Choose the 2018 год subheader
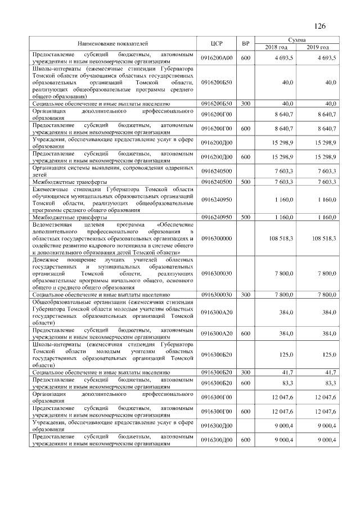(276, 47)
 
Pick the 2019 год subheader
(318, 47)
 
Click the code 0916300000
(217, 239)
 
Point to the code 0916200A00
(217, 58)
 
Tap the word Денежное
(47, 260)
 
